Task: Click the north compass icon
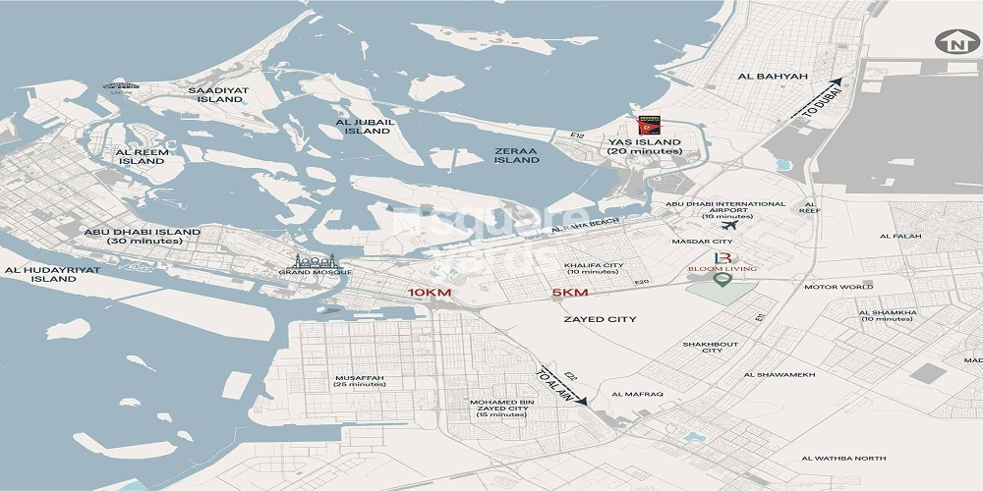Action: tap(952, 43)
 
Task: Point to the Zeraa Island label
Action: tap(516, 154)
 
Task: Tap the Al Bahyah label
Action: tap(766, 76)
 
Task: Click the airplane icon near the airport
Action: tap(728, 226)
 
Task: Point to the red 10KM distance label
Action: tap(430, 293)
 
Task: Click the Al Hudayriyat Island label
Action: tap(40, 273)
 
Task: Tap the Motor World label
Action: tap(838, 287)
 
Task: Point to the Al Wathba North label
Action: tap(842, 459)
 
